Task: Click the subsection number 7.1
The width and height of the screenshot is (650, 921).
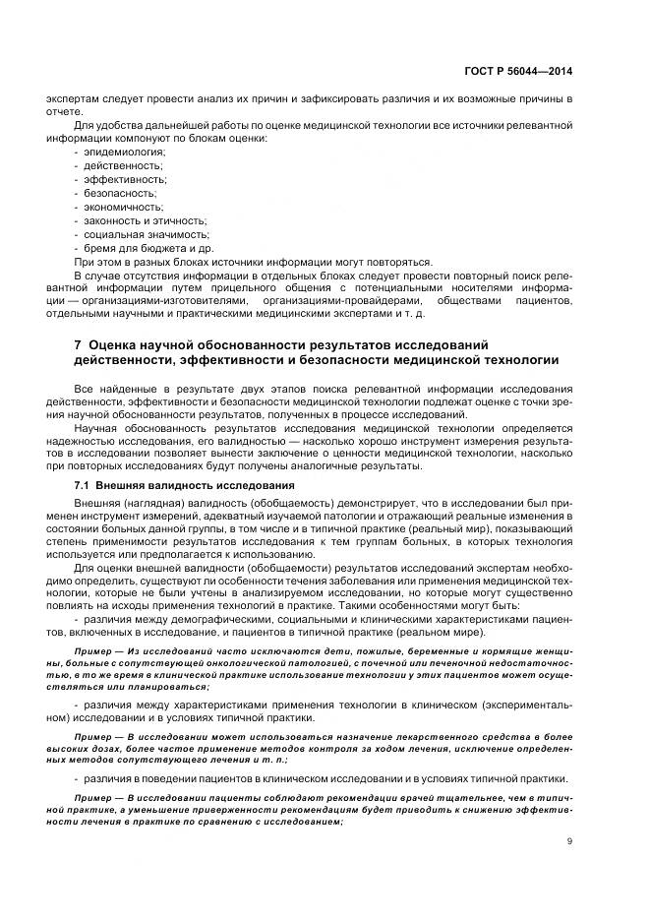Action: click(x=82, y=486)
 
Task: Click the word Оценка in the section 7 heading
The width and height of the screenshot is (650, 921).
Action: click(x=114, y=345)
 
